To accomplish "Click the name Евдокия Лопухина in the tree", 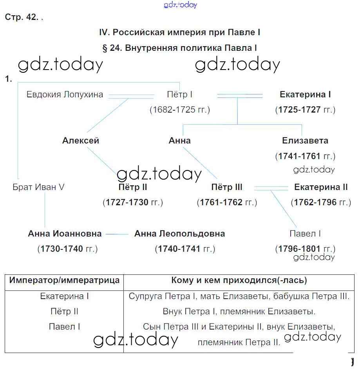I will pyautogui.click(x=65, y=95).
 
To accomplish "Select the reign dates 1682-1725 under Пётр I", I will pyautogui.click(x=180, y=110).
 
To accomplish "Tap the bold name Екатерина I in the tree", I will pyautogui.click(x=305, y=95).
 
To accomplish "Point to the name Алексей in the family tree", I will pyautogui.click(x=81, y=141).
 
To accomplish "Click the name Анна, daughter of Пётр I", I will pyautogui.click(x=179, y=141).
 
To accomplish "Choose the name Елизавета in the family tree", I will pyautogui.click(x=305, y=141).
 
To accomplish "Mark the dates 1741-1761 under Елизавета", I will pyautogui.click(x=305, y=156).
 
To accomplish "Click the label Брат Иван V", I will pyautogui.click(x=38, y=187).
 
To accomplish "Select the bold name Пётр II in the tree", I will pyautogui.click(x=132, y=187).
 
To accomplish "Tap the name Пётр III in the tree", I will pyautogui.click(x=227, y=187).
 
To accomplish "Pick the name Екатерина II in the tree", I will pyautogui.click(x=321, y=187).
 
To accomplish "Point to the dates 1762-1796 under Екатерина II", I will pyautogui.click(x=321, y=203).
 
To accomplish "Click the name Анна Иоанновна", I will pyautogui.click(x=65, y=234).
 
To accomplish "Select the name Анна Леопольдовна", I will pyautogui.click(x=179, y=234).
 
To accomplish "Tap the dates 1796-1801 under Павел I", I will pyautogui.click(x=305, y=249).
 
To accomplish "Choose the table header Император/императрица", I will pyautogui.click(x=65, y=280).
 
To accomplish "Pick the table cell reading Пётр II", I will pyautogui.click(x=65, y=312).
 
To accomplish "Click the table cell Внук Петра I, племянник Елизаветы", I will pyautogui.click(x=239, y=312).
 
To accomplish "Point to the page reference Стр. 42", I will pyautogui.click(x=21, y=18).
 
